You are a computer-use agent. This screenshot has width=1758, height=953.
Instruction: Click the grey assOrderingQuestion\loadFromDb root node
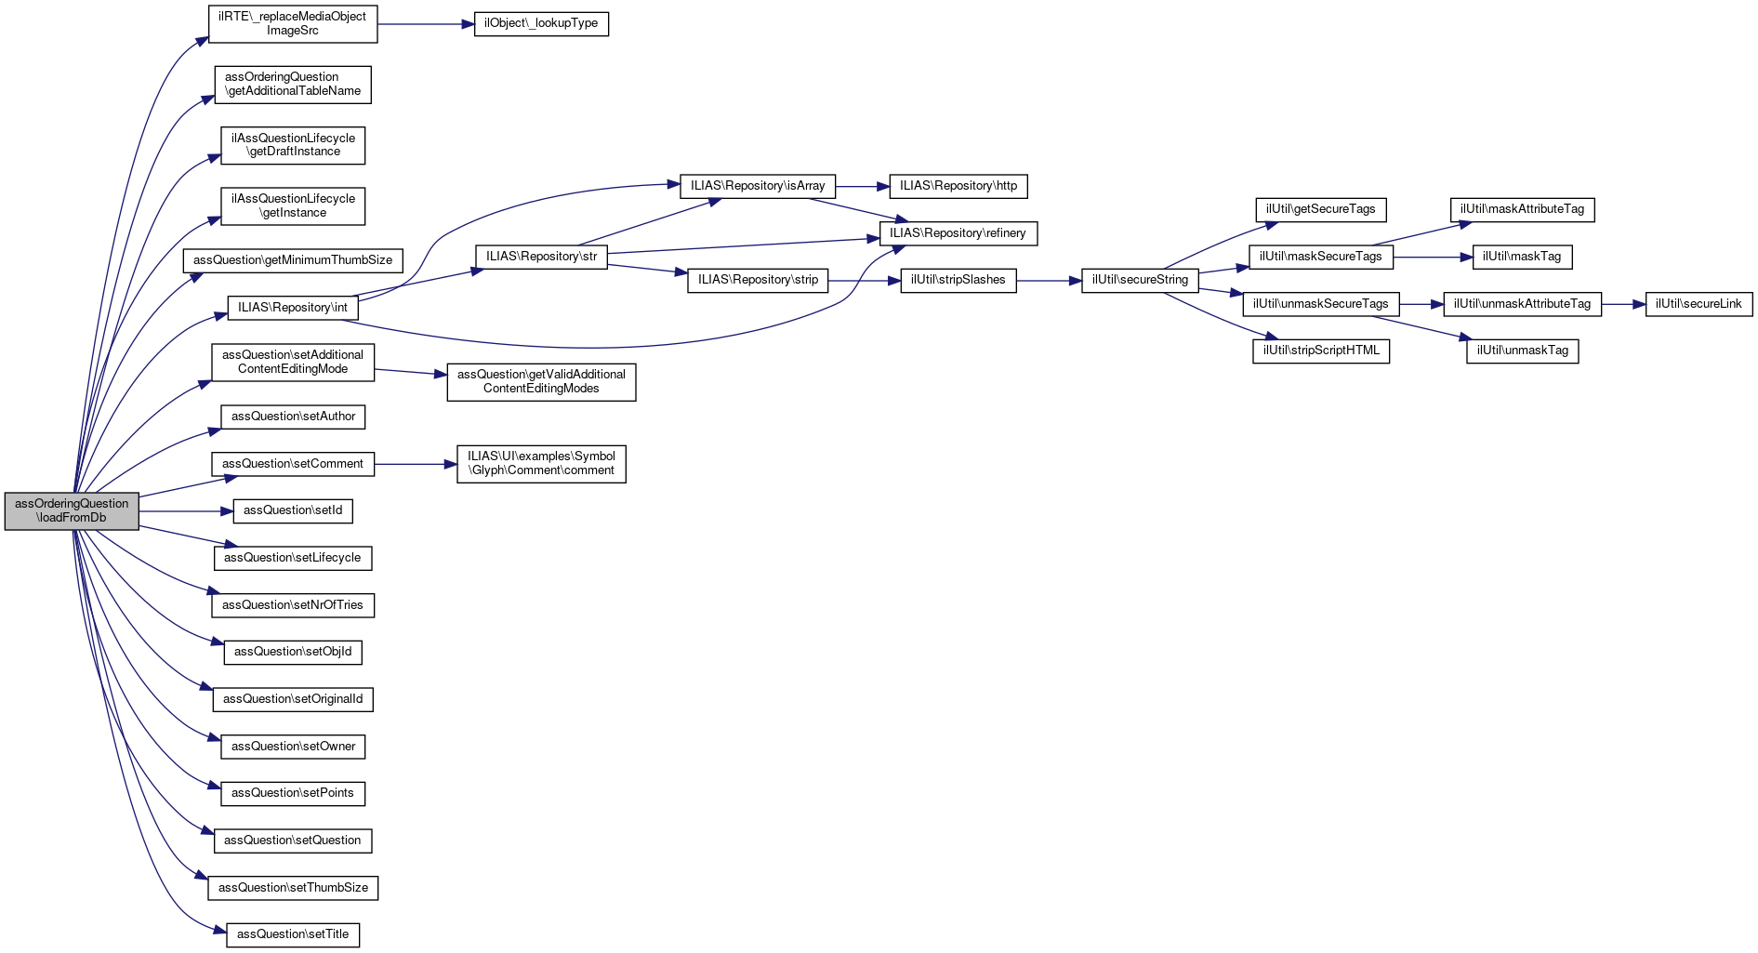[72, 511]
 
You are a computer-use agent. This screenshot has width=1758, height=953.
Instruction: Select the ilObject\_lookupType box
[541, 23]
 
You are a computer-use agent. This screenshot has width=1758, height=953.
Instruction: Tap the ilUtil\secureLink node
[1699, 304]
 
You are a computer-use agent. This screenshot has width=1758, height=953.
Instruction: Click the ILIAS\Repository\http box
[958, 186]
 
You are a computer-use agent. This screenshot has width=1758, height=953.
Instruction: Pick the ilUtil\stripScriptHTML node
[1321, 351]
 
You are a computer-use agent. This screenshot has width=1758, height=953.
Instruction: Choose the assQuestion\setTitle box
[293, 934]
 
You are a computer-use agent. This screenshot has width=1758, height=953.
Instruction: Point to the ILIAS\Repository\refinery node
[958, 233]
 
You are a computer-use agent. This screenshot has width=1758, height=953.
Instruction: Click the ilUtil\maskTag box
[1522, 257]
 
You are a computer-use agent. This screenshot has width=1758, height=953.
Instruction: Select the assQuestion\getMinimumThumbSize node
[293, 260]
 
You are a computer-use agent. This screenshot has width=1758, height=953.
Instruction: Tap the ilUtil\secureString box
[1140, 280]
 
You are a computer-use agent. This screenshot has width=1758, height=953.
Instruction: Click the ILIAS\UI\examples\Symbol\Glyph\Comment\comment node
[541, 464]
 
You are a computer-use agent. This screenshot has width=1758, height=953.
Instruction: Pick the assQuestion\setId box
[293, 510]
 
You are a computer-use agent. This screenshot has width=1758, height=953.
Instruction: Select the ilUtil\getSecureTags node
[1321, 209]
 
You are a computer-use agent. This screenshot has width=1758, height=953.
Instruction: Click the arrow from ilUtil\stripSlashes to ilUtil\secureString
[1049, 280]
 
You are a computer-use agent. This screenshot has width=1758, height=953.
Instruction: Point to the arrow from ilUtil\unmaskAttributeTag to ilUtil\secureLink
[1623, 304]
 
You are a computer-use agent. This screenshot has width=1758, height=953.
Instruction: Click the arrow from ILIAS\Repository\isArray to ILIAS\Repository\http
[863, 186]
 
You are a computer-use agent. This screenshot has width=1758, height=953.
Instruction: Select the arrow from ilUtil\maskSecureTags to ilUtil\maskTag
[1433, 257]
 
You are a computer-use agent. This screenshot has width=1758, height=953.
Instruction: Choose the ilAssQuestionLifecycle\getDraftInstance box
[293, 145]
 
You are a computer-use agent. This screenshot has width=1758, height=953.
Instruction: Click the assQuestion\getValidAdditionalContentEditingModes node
[541, 382]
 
